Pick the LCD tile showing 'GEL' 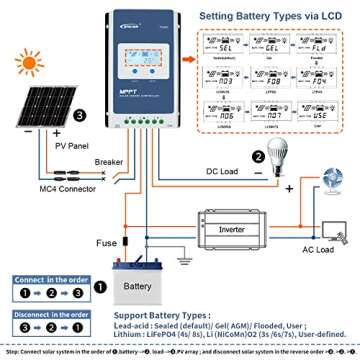(270, 48)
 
